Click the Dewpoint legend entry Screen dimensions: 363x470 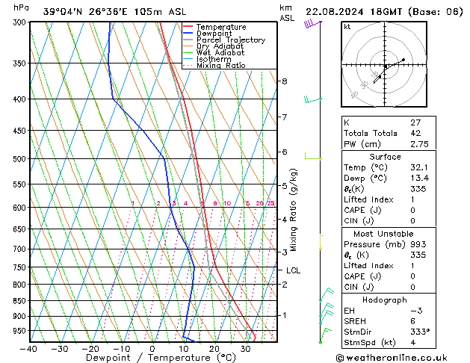tap(215, 34)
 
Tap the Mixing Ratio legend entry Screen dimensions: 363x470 tap(220, 66)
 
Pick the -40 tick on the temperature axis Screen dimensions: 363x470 tap(29, 349)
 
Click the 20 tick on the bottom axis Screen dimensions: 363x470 tap(214, 349)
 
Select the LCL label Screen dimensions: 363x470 tap(293, 271)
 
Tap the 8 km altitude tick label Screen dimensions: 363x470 tap(285, 81)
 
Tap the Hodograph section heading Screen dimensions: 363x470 tap(385, 299)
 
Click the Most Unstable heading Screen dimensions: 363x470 tap(385, 233)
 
